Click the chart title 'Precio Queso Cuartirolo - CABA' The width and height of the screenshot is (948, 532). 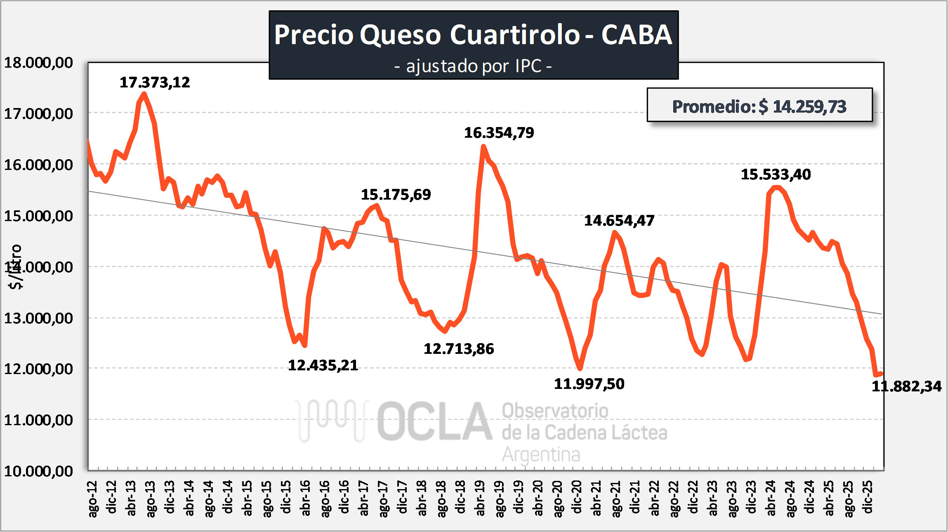pos(473,35)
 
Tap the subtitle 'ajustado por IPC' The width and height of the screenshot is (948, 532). pos(473,66)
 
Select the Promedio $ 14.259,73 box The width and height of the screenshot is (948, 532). pos(759,106)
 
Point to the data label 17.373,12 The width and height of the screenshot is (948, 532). pos(155,82)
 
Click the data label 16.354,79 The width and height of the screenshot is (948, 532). pos(499,133)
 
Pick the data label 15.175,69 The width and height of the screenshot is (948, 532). pos(396,195)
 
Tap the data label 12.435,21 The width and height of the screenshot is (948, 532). pos(323,365)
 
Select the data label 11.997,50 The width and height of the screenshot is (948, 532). pos(589,384)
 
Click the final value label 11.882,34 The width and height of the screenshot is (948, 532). pos(906,386)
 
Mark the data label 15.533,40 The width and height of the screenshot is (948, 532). pos(776,174)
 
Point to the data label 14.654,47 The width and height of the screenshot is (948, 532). pos(619,221)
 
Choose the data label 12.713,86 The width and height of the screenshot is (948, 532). pos(459,349)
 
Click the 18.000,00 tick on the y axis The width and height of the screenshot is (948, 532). pos(38,63)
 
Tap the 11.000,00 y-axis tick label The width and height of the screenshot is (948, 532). pos(38,420)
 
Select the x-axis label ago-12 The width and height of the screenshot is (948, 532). pos(93,498)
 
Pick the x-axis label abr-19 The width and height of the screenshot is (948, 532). pos(480,498)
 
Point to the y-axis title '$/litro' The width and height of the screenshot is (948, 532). pos(16,267)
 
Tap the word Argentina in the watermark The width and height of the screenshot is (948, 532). pos(541,455)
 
